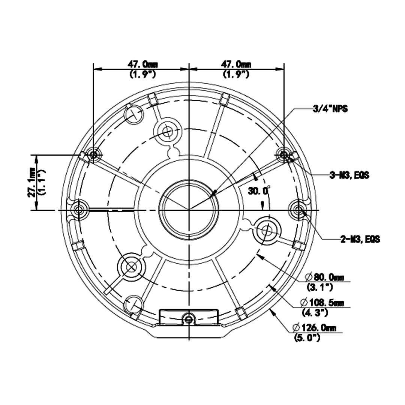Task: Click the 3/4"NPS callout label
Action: click(x=330, y=109)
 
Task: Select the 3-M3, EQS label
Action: click(x=349, y=175)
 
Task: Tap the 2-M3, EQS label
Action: click(x=360, y=239)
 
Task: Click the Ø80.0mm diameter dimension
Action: click(x=324, y=277)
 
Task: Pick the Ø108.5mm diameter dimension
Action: click(x=322, y=303)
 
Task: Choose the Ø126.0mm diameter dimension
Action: click(x=314, y=328)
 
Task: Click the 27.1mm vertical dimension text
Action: click(x=32, y=182)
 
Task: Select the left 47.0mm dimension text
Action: click(x=142, y=64)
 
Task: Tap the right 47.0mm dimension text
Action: click(x=236, y=64)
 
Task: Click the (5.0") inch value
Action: click(x=307, y=337)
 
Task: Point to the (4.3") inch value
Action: click(x=315, y=312)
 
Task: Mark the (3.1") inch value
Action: click(x=320, y=287)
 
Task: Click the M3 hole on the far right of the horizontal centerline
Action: click(x=298, y=210)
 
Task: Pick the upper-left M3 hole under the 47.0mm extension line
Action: click(x=93, y=155)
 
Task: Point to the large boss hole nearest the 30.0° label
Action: click(x=267, y=230)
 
